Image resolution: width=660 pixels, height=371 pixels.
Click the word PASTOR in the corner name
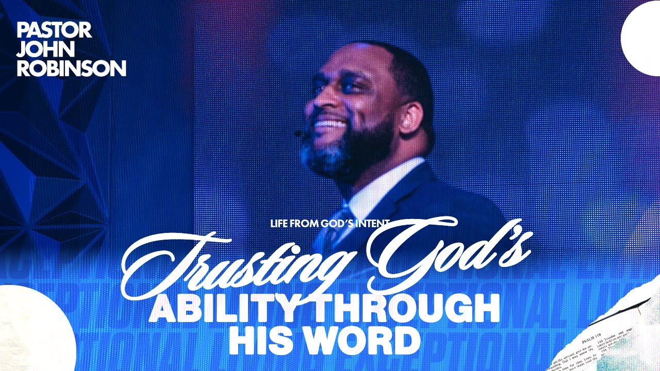click(54, 30)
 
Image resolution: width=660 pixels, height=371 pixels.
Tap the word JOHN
click(39, 49)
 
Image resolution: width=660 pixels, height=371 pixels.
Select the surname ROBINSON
click(71, 68)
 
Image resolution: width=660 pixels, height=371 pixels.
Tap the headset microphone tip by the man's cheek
click(299, 134)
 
